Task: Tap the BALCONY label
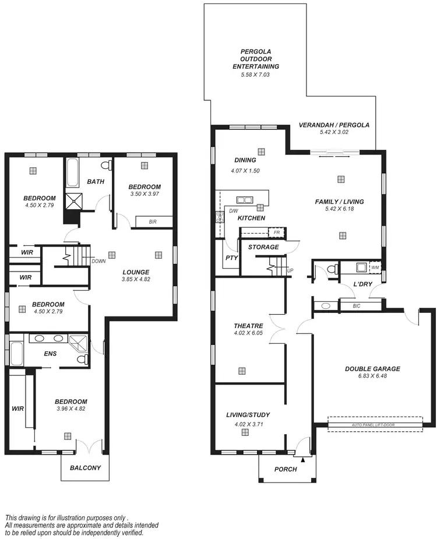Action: point(85,467)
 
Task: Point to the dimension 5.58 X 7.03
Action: point(256,75)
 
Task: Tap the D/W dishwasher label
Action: point(232,211)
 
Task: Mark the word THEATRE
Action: point(249,326)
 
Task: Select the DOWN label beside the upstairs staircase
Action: point(98,261)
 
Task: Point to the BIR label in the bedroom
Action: point(153,222)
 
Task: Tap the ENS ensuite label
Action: point(50,353)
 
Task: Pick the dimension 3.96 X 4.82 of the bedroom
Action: point(71,409)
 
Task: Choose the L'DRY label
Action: point(362,284)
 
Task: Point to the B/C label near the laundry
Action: point(356,305)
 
